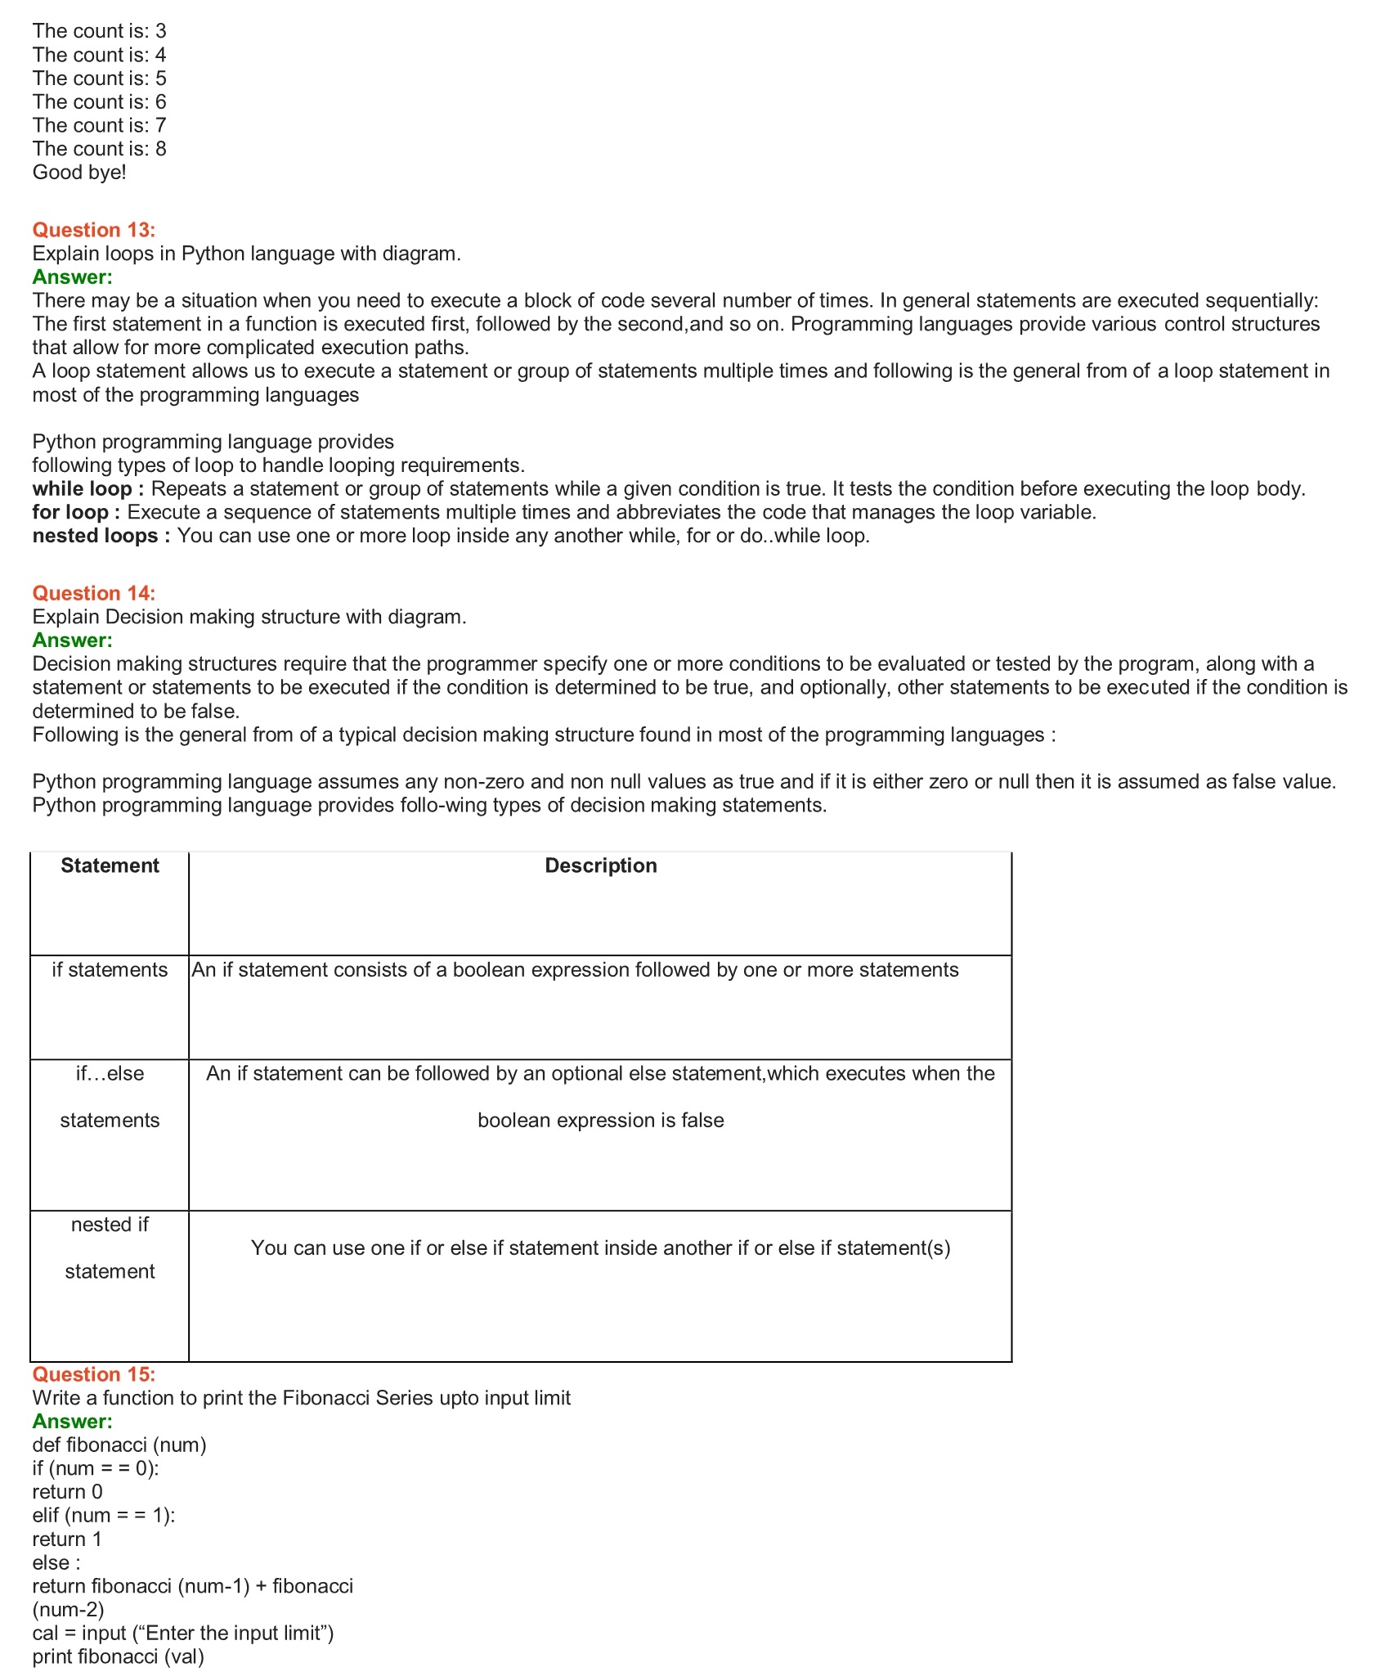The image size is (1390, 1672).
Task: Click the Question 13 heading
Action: point(93,230)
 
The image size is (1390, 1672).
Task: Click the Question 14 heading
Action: point(93,593)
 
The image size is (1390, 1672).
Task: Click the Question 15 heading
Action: point(93,1374)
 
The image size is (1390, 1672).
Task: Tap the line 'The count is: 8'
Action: point(99,149)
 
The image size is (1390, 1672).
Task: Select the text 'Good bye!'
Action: point(79,173)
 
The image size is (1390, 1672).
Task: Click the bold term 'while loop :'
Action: point(88,489)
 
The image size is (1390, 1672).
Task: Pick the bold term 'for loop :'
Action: point(76,513)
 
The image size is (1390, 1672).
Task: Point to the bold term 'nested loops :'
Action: point(101,536)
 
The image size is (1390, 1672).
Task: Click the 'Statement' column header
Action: point(110,865)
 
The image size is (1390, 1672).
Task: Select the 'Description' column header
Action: point(600,865)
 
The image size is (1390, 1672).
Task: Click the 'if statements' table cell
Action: point(110,970)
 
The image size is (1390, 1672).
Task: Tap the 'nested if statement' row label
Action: point(110,1247)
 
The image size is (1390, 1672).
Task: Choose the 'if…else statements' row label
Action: point(110,1097)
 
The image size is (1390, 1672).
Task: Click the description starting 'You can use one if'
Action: point(600,1248)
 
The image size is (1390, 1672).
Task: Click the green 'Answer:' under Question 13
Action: point(72,277)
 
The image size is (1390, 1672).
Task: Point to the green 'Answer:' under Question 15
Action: point(72,1422)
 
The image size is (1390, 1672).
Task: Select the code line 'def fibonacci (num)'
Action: point(119,1445)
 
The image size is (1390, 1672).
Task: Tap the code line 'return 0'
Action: point(67,1492)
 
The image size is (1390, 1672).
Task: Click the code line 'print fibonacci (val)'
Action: point(118,1657)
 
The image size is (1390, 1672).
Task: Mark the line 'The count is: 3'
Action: point(99,31)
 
